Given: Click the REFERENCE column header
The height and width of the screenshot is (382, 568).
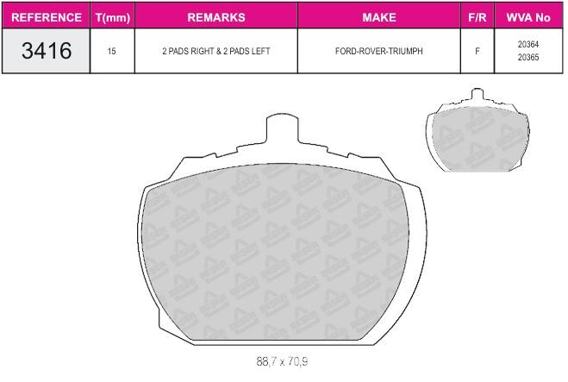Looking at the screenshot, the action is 47,17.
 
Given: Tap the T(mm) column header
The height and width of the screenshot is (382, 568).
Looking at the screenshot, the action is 113,18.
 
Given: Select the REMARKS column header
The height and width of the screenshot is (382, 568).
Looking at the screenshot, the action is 216,17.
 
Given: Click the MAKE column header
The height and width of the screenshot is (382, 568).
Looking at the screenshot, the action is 379,17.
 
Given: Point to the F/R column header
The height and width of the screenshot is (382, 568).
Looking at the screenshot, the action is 477,17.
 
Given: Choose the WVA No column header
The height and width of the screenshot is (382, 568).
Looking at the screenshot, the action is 528,17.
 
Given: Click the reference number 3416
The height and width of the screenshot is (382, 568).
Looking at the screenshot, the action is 47,50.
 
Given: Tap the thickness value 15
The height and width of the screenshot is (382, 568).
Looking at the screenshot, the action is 111,51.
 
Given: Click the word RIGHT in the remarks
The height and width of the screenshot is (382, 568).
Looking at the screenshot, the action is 202,51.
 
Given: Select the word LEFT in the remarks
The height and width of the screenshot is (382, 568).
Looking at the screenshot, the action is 260,51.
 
